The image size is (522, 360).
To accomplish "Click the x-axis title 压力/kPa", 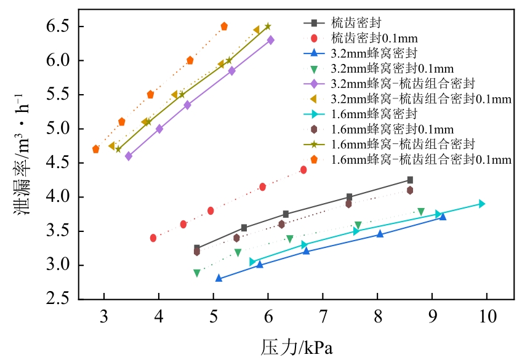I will pyautogui.click(x=297, y=346).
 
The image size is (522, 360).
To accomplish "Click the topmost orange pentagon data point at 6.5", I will pyautogui.click(x=224, y=26).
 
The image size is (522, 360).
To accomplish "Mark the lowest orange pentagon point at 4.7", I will pyautogui.click(x=95, y=149).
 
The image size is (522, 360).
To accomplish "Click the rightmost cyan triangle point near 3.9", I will pyautogui.click(x=481, y=204).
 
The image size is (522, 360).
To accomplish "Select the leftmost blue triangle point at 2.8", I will pyautogui.click(x=219, y=278).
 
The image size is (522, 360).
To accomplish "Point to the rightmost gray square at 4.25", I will pyautogui.click(x=410, y=180).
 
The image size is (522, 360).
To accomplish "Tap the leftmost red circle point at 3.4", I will pyautogui.click(x=153, y=238).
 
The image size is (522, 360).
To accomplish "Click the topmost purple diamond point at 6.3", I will pyautogui.click(x=270, y=40).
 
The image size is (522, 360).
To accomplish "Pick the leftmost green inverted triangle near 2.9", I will pyautogui.click(x=197, y=273).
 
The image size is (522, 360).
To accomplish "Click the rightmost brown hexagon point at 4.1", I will pyautogui.click(x=410, y=190).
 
